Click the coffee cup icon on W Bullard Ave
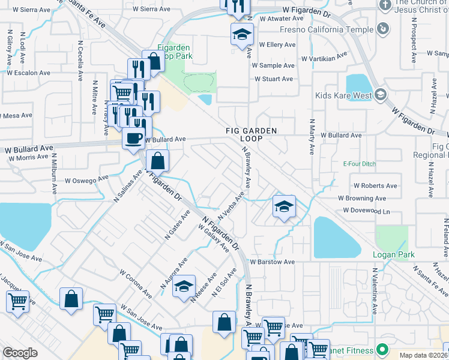coord(133,137)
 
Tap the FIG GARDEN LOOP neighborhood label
coord(252,134)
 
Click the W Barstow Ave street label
coord(273,262)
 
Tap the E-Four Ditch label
coord(358,164)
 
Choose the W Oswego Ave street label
coord(87,179)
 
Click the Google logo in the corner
coord(20,353)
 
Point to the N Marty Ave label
coord(312,136)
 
